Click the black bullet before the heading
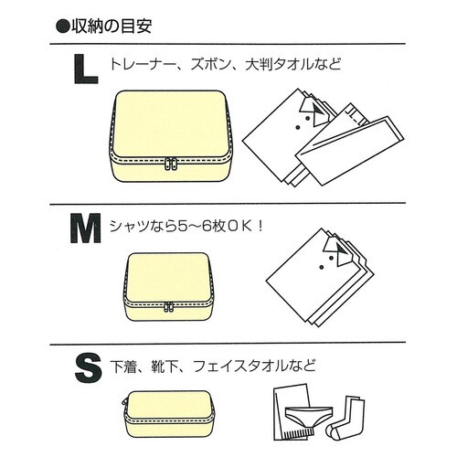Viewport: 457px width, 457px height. click(63, 25)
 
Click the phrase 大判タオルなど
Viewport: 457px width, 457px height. click(293, 66)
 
